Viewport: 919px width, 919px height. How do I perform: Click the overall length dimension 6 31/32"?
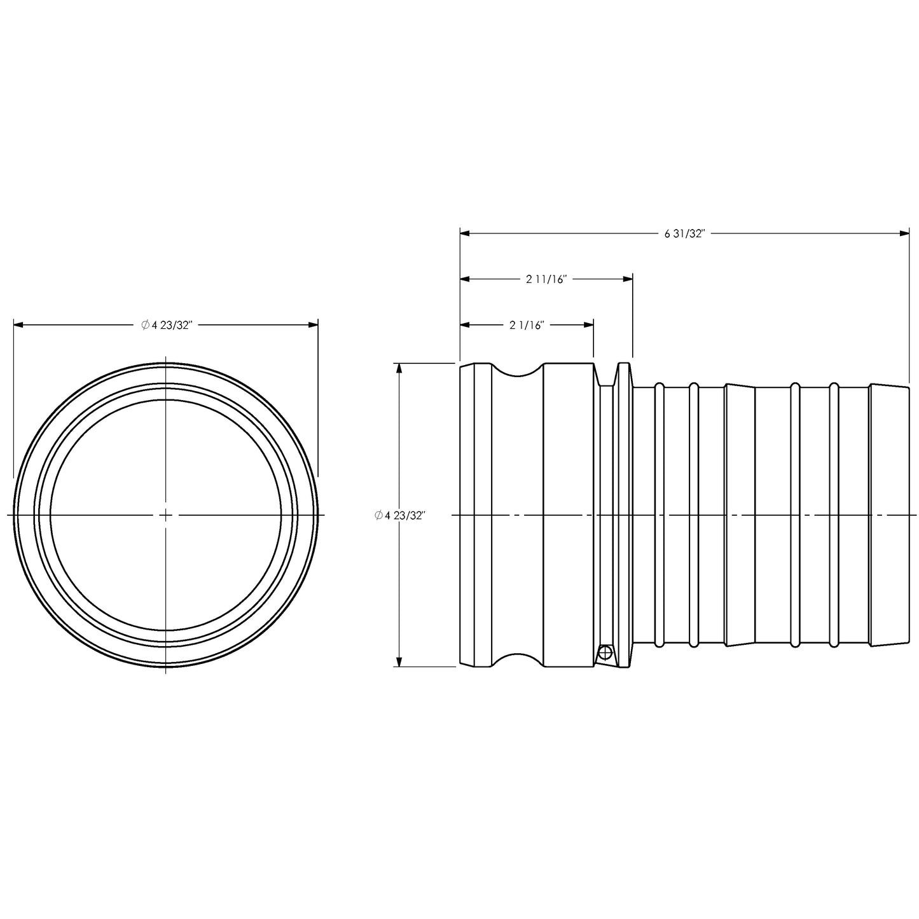[x=684, y=233]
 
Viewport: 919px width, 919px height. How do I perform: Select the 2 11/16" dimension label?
[x=546, y=279]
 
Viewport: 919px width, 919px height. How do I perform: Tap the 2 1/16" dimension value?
[x=527, y=325]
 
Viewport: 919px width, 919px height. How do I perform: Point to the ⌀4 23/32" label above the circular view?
[x=167, y=325]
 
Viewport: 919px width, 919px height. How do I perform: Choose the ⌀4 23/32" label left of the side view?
[x=399, y=515]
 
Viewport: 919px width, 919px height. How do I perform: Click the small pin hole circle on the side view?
[x=605, y=652]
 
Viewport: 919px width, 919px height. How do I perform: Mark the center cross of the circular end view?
[x=165, y=515]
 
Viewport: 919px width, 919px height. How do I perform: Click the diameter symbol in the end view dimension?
[x=145, y=325]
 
